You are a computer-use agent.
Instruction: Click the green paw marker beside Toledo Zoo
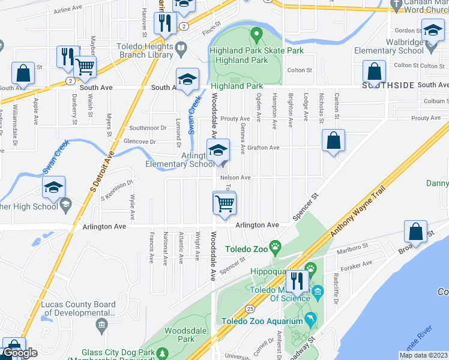point(275,245)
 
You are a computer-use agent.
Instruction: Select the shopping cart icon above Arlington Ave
point(224,203)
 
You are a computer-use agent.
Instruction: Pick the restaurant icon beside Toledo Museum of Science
point(296,281)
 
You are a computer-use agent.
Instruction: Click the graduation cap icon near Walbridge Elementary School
point(432,31)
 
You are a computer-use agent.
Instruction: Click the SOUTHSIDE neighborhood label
point(388,85)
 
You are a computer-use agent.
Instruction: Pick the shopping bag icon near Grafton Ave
point(333,142)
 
